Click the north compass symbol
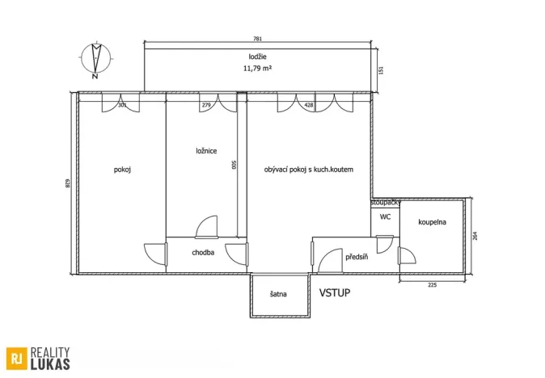[x=96, y=61]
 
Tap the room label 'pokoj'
[x=123, y=170]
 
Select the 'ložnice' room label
[x=206, y=150]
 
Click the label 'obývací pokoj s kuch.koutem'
[x=308, y=170]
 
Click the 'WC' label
[x=386, y=216]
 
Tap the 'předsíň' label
[x=357, y=257]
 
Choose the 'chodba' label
[x=203, y=253]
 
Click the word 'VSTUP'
[x=334, y=292]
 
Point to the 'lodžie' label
[x=258, y=56]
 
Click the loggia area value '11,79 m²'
[x=258, y=69]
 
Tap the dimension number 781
[x=258, y=40]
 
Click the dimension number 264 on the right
[x=476, y=236]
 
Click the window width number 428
[x=308, y=104]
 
